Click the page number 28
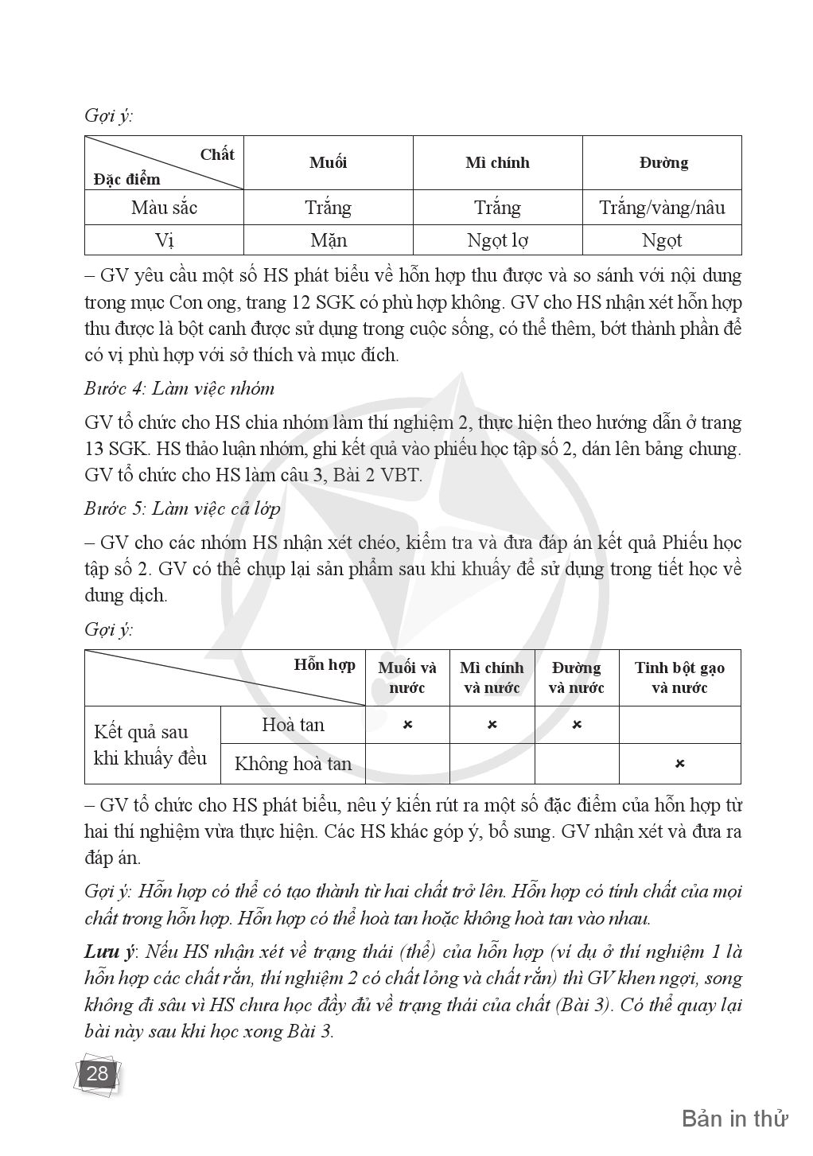(x=97, y=1074)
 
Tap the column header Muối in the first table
(x=328, y=163)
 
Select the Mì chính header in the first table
(x=497, y=163)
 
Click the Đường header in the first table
(x=663, y=163)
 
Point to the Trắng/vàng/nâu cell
(x=662, y=208)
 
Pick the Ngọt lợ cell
(x=497, y=240)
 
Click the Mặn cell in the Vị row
(x=328, y=240)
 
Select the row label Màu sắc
(x=164, y=208)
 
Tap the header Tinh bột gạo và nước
(x=679, y=678)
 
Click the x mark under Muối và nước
(x=407, y=725)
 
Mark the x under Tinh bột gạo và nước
(x=679, y=764)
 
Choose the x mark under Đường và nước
(x=577, y=725)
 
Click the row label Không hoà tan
(x=293, y=764)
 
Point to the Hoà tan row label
(x=293, y=725)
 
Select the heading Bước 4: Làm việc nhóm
(x=179, y=389)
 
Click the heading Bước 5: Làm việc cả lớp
(x=182, y=508)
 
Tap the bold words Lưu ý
(x=108, y=952)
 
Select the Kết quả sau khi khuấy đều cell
(x=150, y=745)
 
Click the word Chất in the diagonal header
(x=216, y=154)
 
